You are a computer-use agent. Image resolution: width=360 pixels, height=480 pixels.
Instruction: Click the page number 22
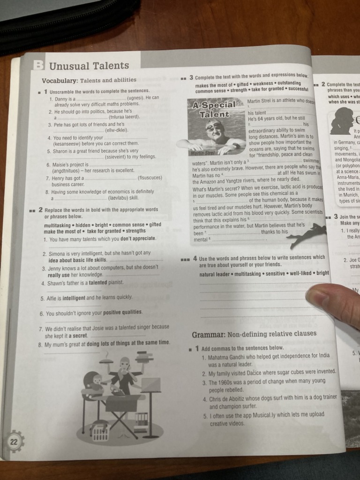pyautogui.click(x=14, y=441)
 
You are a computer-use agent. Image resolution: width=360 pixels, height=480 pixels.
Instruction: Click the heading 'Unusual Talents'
pyautogui.click(x=89, y=66)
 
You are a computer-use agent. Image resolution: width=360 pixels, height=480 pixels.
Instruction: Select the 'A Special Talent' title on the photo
pyautogui.click(x=214, y=110)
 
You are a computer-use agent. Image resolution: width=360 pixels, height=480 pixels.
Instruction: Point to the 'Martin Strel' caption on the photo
pyautogui.click(x=202, y=153)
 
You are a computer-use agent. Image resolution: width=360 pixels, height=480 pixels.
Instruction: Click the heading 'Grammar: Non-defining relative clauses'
pyautogui.click(x=254, y=334)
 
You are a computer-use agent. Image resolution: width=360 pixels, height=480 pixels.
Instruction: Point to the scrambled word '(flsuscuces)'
pyautogui.click(x=150, y=178)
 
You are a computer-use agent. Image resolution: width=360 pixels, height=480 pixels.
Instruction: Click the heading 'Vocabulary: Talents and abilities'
pyautogui.click(x=89, y=80)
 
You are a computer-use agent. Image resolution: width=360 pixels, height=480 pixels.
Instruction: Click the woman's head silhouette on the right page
pyautogui.click(x=342, y=120)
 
